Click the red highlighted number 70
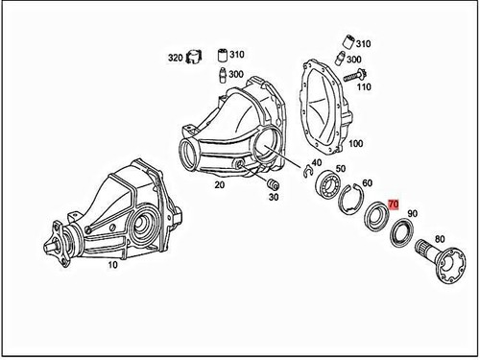pyautogui.click(x=393, y=205)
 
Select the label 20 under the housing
pyautogui.click(x=219, y=184)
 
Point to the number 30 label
pyautogui.click(x=276, y=198)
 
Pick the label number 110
pyautogui.click(x=365, y=86)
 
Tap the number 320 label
pyautogui.click(x=175, y=58)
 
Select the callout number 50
pyautogui.click(x=342, y=169)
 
